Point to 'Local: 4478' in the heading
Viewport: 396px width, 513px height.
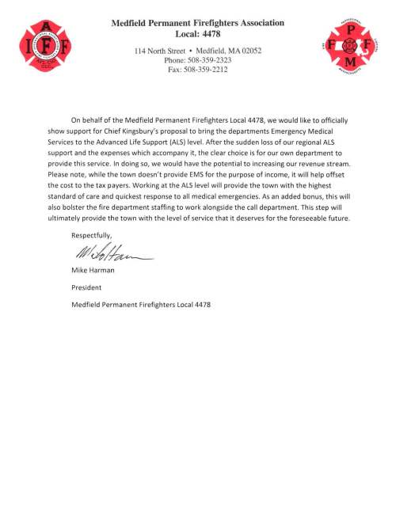198,35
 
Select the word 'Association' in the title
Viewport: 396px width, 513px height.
254,23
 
